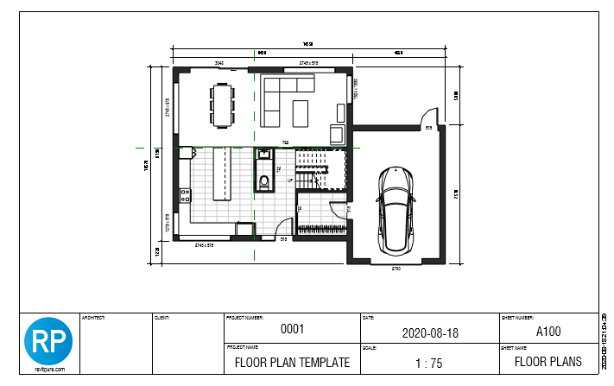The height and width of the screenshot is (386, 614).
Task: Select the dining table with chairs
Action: [223, 104]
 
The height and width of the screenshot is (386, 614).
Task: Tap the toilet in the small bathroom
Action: [263, 181]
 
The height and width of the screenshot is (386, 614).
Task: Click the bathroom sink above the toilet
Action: [263, 155]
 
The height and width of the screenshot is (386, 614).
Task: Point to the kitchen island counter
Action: [223, 173]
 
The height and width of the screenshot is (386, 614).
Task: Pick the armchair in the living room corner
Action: [339, 135]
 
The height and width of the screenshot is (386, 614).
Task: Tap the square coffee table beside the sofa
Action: [301, 112]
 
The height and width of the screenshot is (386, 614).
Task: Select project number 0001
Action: [292, 330]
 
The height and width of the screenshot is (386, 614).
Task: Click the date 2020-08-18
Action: [428, 331]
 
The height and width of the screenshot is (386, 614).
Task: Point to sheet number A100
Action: [548, 330]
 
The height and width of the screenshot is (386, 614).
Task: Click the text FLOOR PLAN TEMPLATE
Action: [292, 362]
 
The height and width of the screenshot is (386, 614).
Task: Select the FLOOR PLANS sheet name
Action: [548, 361]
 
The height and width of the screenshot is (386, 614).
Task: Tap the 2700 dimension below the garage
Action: [396, 269]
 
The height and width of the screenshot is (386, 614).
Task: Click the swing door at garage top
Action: [427, 118]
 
